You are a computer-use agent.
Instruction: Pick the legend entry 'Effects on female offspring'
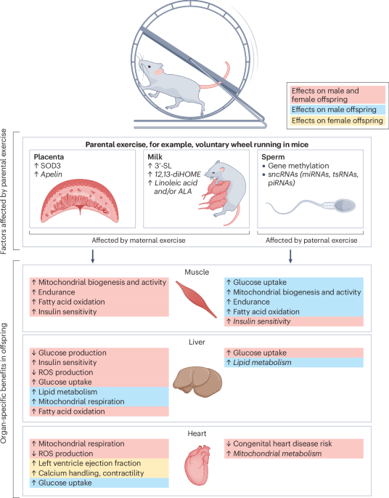coord(333,119)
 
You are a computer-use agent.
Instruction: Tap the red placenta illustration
coord(76,196)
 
